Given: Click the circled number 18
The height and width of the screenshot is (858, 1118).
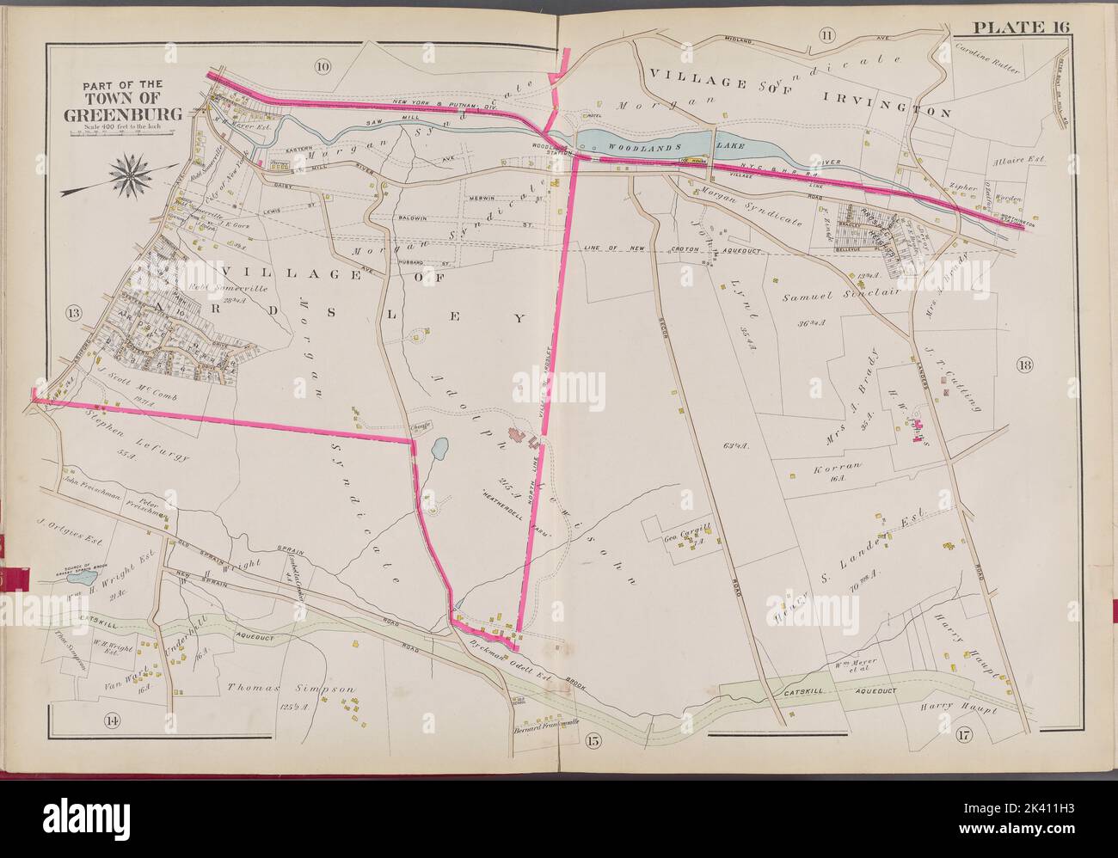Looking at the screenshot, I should (1025, 364).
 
